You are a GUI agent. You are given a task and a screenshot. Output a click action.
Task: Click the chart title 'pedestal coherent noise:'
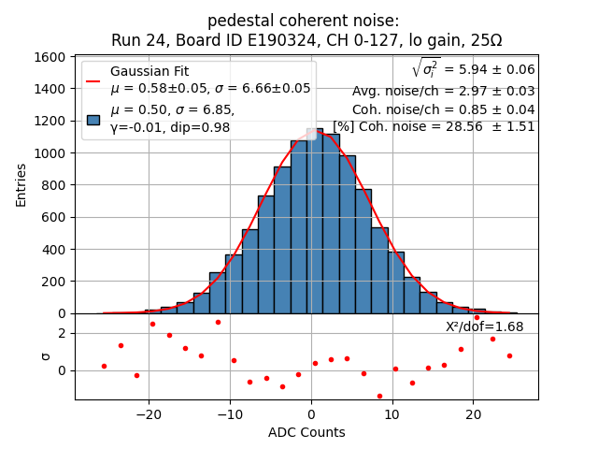tap(303, 21)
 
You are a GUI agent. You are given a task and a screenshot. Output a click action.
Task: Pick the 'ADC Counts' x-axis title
tap(306, 432)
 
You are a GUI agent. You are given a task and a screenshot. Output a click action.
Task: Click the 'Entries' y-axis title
tap(21, 184)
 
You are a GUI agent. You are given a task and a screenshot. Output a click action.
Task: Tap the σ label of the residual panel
tap(45, 356)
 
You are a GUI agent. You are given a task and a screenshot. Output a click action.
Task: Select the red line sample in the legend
tap(93, 80)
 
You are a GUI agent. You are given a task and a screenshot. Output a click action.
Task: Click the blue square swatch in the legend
tap(93, 119)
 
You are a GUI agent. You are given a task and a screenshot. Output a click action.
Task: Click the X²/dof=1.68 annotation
tap(484, 326)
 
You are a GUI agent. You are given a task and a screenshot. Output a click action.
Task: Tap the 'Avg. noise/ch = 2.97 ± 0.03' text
tap(444, 91)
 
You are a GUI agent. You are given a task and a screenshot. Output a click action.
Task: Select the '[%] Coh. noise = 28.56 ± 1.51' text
tap(434, 126)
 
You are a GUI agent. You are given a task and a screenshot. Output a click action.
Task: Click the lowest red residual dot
tap(379, 396)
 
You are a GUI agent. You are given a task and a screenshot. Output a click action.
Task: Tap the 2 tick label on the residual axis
tap(61, 333)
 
